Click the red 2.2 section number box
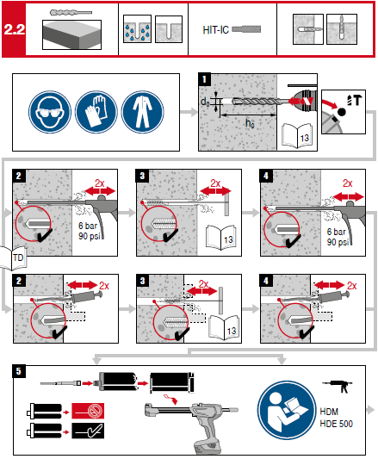(15, 29)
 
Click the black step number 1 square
(205, 80)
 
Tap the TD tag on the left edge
(16, 255)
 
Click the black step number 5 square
(18, 372)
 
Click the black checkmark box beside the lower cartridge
(90, 427)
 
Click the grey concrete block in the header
(71, 34)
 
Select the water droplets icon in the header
(132, 28)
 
